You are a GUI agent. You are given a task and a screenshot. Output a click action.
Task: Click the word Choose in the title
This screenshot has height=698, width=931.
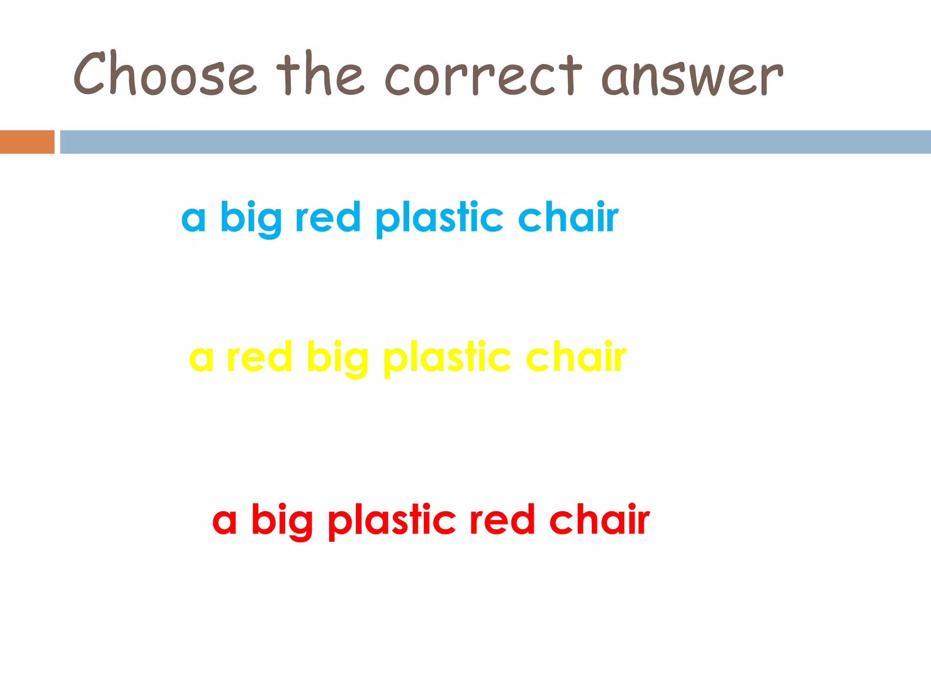165,74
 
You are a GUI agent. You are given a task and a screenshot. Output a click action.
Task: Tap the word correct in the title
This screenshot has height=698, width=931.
483,75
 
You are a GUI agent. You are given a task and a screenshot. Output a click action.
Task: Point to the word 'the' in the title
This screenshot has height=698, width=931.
320,74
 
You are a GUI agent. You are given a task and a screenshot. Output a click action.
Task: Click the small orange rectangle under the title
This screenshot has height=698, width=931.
27,142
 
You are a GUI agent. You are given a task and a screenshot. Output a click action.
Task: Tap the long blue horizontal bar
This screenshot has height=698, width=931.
495,142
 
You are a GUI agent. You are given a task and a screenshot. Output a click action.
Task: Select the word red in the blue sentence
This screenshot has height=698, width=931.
328,217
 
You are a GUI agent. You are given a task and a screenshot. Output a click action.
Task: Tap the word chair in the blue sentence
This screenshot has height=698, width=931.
568,217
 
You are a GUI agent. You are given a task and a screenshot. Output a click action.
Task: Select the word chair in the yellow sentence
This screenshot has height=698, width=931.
576,357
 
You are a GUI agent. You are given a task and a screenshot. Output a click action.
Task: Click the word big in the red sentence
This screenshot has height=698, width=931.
282,521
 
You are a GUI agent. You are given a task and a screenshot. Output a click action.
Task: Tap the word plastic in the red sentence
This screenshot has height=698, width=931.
392,522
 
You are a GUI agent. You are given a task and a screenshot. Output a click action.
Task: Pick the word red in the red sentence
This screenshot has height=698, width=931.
502,520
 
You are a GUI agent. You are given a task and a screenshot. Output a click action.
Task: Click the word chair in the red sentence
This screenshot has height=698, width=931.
599,520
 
